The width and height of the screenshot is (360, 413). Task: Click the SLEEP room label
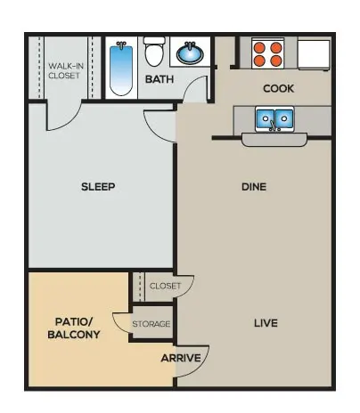pos(98,187)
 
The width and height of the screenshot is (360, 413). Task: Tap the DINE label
pos(254,187)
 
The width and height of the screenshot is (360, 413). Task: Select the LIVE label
pos(266,323)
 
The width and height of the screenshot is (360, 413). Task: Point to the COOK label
pos(279,88)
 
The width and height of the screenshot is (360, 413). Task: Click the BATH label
pos(160,79)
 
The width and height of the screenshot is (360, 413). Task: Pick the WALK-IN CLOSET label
pos(66,70)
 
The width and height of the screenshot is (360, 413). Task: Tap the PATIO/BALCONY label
pos(74,328)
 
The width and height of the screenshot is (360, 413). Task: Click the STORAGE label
pos(151,324)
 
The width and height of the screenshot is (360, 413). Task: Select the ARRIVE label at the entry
pos(181,358)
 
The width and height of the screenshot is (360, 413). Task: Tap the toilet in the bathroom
pos(154,52)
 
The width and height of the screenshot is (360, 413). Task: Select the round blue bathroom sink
pos(190,53)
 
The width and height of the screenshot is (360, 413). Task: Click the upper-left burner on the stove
pos(259,47)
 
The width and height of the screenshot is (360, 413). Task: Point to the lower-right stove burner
pos(276,61)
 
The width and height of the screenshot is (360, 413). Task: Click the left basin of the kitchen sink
pos(266,118)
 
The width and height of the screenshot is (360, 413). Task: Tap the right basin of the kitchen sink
pos(284,118)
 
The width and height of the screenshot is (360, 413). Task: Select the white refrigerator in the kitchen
pos(314,54)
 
